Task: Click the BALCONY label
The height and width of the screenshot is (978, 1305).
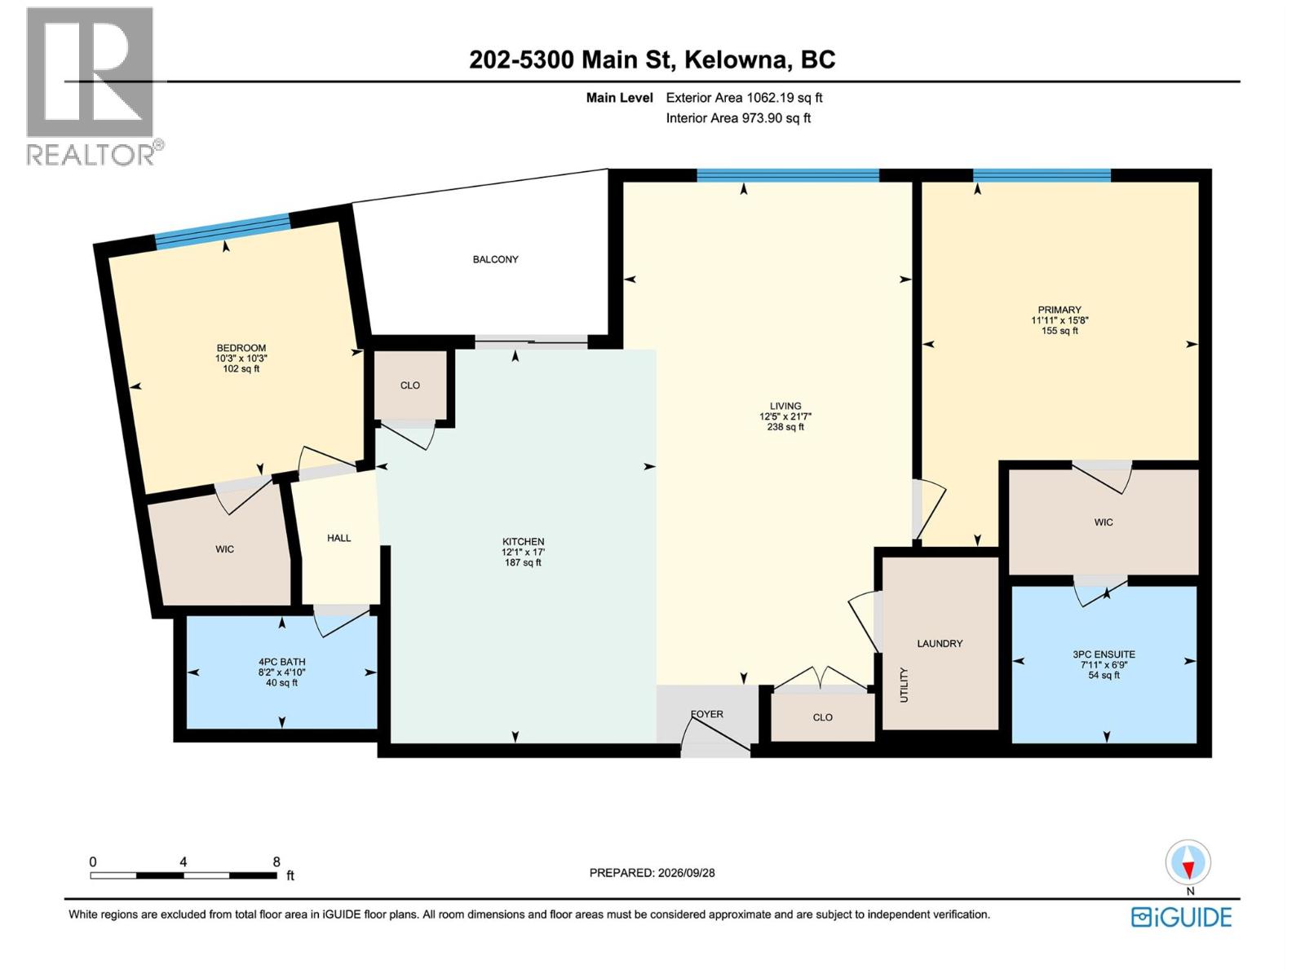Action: click(x=495, y=259)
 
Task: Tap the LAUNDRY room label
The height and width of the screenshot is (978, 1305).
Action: click(x=940, y=643)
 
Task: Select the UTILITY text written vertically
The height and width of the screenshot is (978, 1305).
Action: click(x=905, y=685)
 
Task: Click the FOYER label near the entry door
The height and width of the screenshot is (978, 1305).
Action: click(x=707, y=715)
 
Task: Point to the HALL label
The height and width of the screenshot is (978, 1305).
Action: click(x=338, y=538)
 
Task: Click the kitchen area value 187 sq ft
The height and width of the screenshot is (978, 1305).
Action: click(x=523, y=563)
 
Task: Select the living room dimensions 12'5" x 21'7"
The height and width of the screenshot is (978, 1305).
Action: click(x=785, y=416)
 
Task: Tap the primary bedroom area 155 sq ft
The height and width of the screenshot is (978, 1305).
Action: click(x=1059, y=331)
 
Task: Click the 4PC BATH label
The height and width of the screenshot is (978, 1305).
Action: click(x=282, y=662)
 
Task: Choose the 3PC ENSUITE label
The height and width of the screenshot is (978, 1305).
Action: click(x=1104, y=654)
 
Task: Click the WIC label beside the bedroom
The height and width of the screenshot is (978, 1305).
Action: click(x=225, y=549)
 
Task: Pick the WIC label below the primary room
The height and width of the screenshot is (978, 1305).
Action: click(x=1104, y=522)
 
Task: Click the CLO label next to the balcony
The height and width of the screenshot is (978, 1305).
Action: click(x=410, y=385)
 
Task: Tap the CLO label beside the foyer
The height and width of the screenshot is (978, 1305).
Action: click(x=823, y=717)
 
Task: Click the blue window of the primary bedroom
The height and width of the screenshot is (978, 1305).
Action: click(x=1042, y=175)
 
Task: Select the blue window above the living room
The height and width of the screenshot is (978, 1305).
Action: click(x=788, y=175)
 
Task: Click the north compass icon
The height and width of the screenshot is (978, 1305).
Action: click(x=1188, y=862)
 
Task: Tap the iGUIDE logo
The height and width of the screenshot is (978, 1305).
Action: click(x=1181, y=918)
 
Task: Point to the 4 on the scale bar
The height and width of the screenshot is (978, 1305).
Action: click(x=184, y=861)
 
